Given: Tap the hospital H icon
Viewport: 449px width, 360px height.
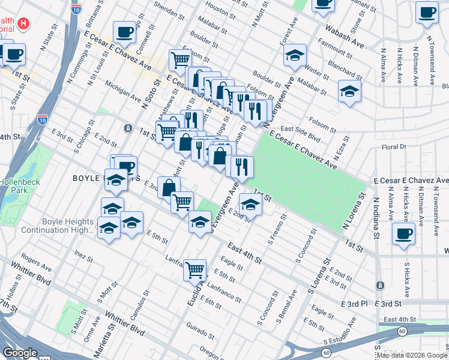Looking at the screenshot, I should point(23,24).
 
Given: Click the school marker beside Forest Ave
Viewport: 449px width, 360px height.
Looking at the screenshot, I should point(295,55).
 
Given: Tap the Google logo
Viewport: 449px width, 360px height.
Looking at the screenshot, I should point(20,352).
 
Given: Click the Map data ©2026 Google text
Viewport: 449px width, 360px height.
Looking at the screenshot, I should point(411,355).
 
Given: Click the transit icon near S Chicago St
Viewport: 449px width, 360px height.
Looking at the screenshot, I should point(127,128).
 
